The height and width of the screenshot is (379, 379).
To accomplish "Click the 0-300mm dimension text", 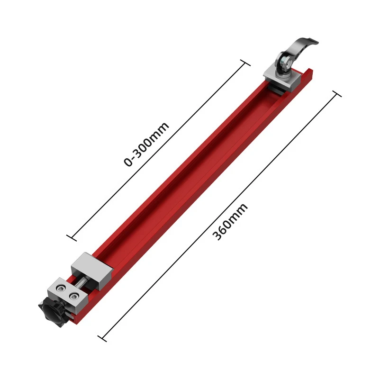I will tap(146, 144).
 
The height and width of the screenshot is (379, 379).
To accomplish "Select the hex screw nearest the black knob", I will tap(60, 289).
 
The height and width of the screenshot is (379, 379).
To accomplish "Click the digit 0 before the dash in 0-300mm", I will tap(128, 162).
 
